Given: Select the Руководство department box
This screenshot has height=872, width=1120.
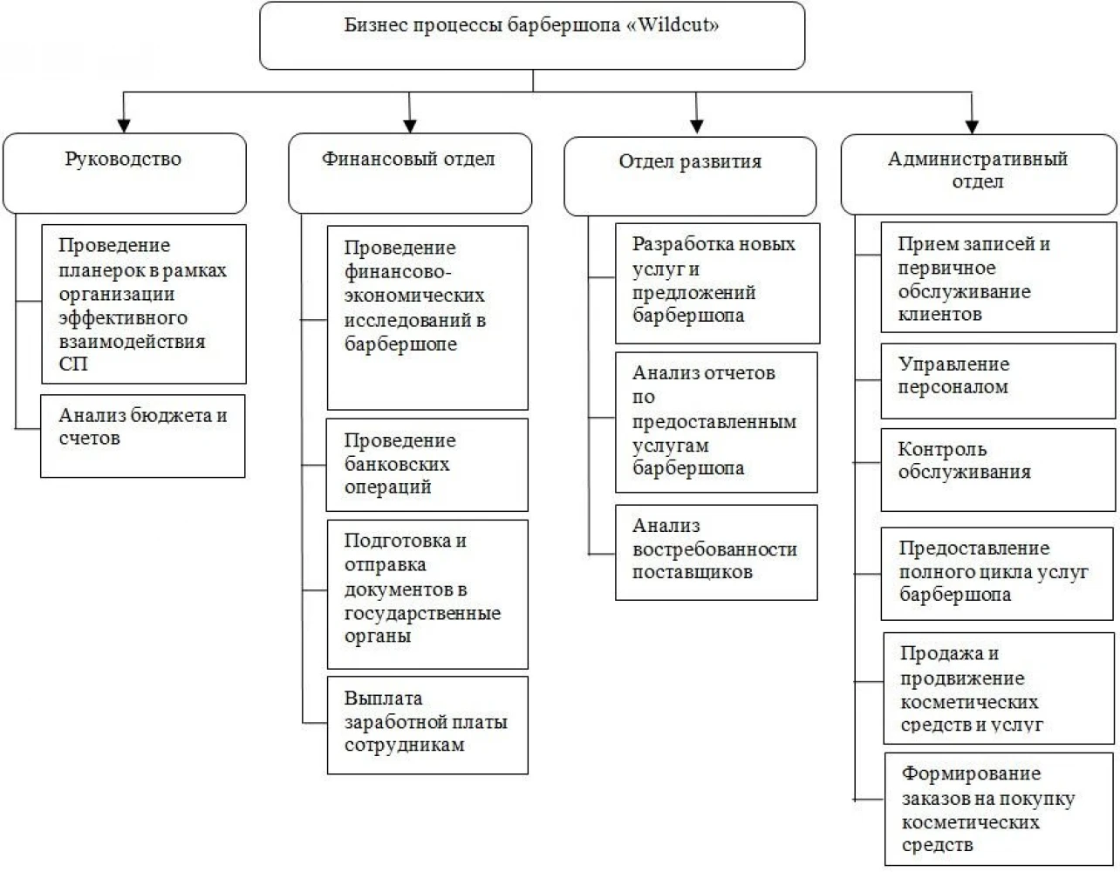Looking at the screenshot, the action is (124, 174).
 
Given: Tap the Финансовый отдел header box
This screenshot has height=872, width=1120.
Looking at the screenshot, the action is (410, 174).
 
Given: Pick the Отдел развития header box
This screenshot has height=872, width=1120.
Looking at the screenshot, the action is (690, 176).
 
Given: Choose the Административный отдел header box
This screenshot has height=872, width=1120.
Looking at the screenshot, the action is (979, 174).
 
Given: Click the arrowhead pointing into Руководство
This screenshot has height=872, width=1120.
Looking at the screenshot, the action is (124, 126).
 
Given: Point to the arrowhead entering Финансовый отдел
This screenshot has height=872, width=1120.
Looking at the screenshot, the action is (410, 126).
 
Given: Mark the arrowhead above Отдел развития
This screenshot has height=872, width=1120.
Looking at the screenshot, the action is (697, 126).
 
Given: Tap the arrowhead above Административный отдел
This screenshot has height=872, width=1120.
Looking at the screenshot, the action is (972, 126).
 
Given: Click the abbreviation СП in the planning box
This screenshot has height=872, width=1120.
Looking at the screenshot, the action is (73, 364).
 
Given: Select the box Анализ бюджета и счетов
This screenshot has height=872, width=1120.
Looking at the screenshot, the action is (143, 436).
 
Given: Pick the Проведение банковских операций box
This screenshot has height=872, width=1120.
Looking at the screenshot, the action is (427, 465).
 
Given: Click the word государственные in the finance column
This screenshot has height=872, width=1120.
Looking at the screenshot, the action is (423, 613).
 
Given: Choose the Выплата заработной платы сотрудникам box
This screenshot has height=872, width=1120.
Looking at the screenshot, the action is (427, 726).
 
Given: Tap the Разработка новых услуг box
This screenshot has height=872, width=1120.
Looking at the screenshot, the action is (718, 283).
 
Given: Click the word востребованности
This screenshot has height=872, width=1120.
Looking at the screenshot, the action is (715, 549).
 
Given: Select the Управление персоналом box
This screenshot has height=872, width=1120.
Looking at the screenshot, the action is (999, 381).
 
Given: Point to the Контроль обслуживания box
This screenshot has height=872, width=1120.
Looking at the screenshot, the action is (999, 470).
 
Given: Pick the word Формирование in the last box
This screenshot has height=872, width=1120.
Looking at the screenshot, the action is (971, 773).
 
